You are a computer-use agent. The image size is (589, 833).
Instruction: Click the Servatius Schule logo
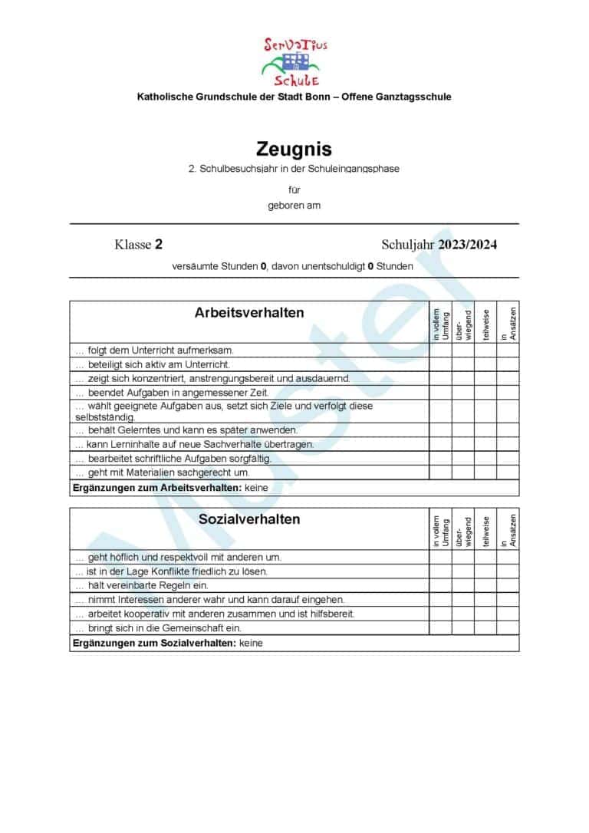click(294, 61)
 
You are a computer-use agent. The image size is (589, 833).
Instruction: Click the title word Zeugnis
click(294, 149)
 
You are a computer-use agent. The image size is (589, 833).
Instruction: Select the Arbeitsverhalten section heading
click(249, 313)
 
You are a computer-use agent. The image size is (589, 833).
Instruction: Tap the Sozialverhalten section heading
click(249, 519)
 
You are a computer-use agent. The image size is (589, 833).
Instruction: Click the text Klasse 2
click(138, 245)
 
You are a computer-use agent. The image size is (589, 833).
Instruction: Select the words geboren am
click(294, 206)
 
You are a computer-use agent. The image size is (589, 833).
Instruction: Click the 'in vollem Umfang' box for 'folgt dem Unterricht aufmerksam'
click(440, 351)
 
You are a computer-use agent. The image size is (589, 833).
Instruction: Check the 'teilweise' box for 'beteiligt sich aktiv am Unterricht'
click(485, 364)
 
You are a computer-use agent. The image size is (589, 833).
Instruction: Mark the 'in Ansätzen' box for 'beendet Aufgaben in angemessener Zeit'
click(508, 393)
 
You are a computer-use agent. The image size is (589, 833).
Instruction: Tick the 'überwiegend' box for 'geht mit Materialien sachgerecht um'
click(462, 472)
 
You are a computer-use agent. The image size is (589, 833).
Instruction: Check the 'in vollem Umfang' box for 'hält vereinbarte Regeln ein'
click(440, 585)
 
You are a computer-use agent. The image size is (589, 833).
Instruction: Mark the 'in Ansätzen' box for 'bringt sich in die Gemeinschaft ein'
click(508, 627)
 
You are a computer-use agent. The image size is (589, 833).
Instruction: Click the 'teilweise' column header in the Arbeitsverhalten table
click(485, 323)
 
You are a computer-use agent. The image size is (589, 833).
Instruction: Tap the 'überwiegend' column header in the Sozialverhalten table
click(462, 529)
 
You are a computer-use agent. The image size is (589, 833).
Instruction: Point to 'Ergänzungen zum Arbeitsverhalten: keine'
click(165, 488)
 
